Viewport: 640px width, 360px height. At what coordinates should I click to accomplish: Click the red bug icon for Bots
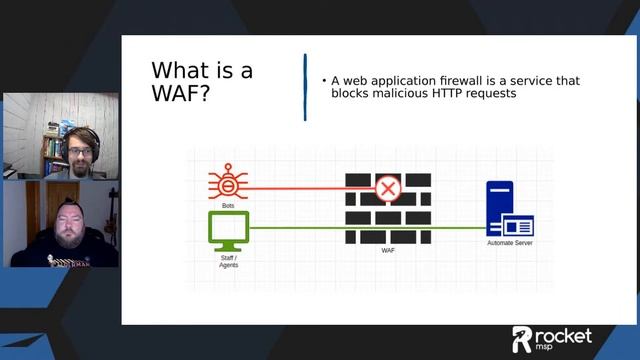pyautogui.click(x=228, y=185)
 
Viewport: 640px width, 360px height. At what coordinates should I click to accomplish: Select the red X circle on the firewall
pyautogui.click(x=387, y=187)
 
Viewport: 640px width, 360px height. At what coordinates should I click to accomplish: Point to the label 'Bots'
pyautogui.click(x=228, y=205)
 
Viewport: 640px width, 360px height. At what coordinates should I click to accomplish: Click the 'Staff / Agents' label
pyautogui.click(x=228, y=262)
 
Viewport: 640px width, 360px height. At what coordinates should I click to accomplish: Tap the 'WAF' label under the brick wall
pyautogui.click(x=387, y=252)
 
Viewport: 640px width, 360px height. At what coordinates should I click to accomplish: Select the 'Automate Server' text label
pyautogui.click(x=509, y=244)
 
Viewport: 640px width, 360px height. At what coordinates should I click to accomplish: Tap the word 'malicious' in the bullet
pyautogui.click(x=400, y=93)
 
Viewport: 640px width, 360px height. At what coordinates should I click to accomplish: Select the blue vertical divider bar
pyautogui.click(x=305, y=88)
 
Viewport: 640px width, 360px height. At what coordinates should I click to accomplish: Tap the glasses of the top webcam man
pyautogui.click(x=77, y=152)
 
